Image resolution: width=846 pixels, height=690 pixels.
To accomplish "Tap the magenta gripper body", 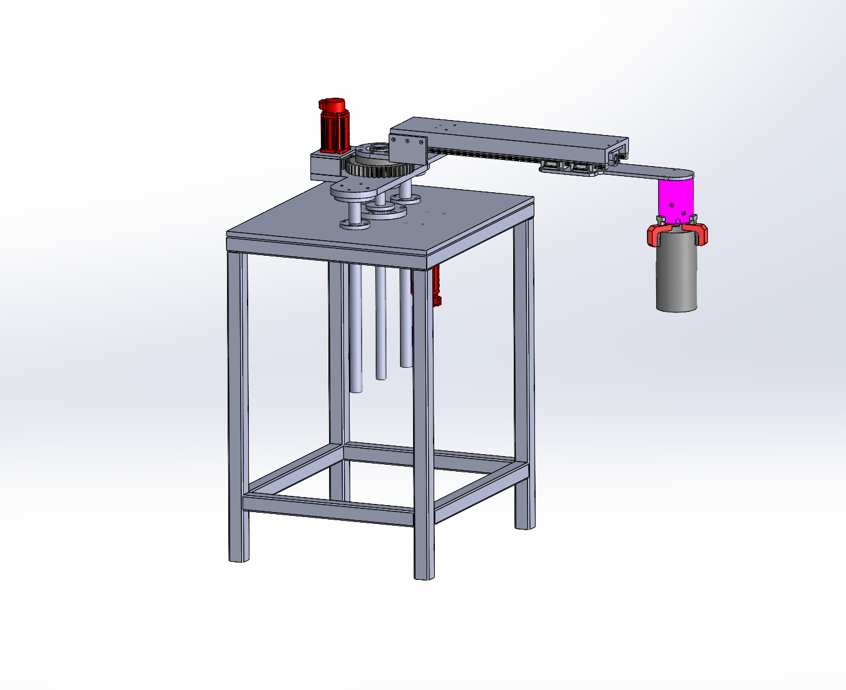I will [x=676, y=199].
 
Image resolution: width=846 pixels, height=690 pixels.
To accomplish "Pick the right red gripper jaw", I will [x=700, y=233].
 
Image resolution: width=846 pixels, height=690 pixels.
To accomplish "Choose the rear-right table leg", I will [x=524, y=373].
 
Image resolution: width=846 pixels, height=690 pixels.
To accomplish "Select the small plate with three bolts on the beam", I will [x=407, y=146].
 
